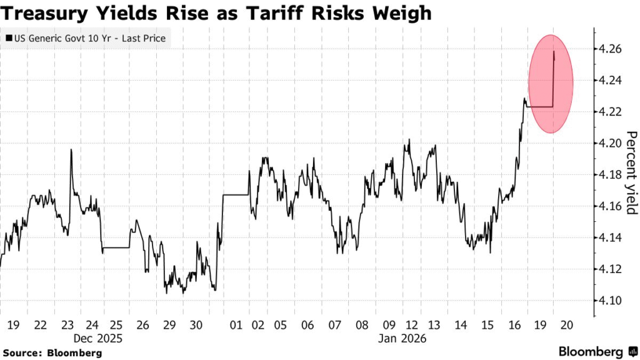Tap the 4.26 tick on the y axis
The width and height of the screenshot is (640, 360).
click(609, 49)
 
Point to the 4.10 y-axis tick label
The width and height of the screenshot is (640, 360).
click(609, 301)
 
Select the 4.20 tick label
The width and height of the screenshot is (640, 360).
click(609, 143)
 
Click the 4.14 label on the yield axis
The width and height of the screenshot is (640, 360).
click(609, 237)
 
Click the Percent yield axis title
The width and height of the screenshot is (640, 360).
click(631, 172)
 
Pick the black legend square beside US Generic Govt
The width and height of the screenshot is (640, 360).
click(8, 39)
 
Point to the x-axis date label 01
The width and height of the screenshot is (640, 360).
click(236, 325)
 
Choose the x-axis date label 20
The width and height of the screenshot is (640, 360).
click(567, 325)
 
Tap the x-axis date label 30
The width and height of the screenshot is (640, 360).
click(195, 325)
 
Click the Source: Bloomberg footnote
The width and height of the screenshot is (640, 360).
click(51, 353)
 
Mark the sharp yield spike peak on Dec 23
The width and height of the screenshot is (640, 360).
click(71, 149)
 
